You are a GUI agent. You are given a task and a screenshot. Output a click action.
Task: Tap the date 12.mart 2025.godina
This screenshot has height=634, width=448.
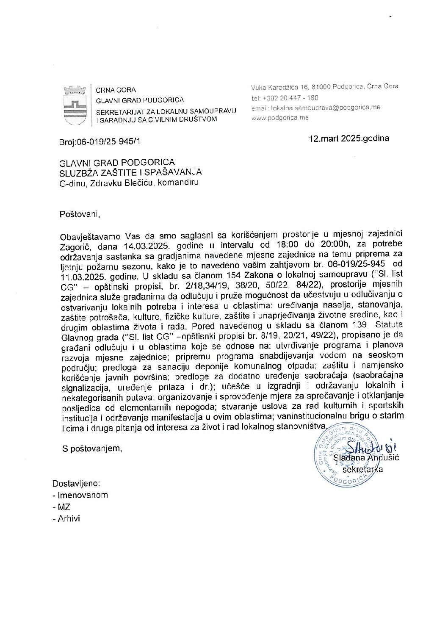coord(349,138)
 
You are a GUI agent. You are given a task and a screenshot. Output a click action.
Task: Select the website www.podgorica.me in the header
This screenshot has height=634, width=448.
coord(280,118)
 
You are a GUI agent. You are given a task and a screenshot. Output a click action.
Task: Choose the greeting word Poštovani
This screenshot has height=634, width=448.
coord(80,214)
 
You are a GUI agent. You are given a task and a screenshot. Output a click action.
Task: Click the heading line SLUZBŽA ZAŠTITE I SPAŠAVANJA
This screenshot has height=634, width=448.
coord(130,172)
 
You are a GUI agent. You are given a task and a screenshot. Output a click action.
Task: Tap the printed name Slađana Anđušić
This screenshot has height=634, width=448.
coord(366,458)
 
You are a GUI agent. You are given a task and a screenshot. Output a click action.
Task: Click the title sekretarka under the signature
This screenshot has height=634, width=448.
coord(362,469)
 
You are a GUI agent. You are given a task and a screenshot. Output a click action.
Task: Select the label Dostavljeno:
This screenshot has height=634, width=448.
coord(76,483)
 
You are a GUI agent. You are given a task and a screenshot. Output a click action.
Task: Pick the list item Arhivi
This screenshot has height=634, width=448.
coord(69,518)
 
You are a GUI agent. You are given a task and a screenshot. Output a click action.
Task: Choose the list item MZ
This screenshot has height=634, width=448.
coord(64,507)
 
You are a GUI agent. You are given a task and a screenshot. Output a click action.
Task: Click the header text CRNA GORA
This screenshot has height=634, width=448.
coord(116,90)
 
